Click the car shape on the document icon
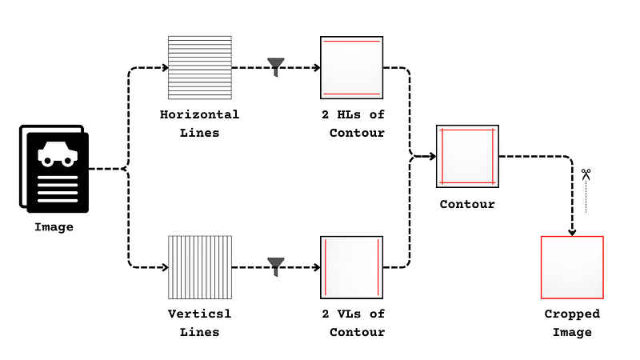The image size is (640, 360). (x=58, y=154)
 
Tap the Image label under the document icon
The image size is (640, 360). (x=54, y=227)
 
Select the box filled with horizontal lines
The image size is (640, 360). (x=200, y=68)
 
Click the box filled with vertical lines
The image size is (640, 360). (x=200, y=267)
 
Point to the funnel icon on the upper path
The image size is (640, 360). (x=276, y=67)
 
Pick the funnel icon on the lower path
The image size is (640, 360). (x=276, y=266)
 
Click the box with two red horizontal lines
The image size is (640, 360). (x=352, y=68)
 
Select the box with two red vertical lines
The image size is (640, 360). (x=352, y=267)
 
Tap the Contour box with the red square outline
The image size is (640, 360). (x=467, y=156)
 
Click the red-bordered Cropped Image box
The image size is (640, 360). (x=572, y=267)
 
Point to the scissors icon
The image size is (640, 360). (x=586, y=174)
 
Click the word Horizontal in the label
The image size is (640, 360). (x=199, y=114)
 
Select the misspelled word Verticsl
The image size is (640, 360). (x=199, y=314)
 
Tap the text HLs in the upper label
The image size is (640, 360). (x=349, y=114)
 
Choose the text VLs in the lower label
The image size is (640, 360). (x=349, y=314)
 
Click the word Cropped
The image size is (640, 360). (x=572, y=314)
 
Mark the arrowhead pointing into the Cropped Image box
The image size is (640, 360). (x=572, y=233)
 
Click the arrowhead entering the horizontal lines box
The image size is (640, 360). (x=166, y=68)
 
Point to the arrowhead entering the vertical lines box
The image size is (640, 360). (x=166, y=267)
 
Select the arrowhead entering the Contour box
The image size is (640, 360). (x=433, y=156)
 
